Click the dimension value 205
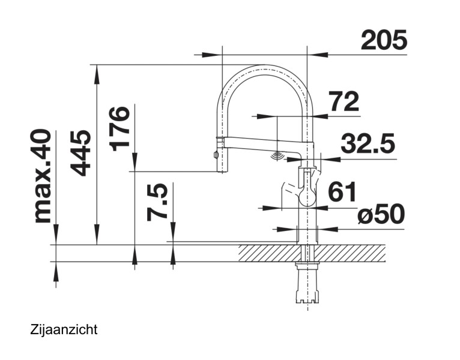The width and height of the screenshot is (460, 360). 384,40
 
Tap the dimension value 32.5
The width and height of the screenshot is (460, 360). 367,145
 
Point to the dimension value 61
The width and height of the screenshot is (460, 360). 342,193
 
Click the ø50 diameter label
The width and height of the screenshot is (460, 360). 380,214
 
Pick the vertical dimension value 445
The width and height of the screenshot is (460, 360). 80,153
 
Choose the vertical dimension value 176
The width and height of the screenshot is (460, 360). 120,129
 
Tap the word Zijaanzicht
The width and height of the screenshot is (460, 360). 63,329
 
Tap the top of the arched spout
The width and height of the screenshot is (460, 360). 264,67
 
